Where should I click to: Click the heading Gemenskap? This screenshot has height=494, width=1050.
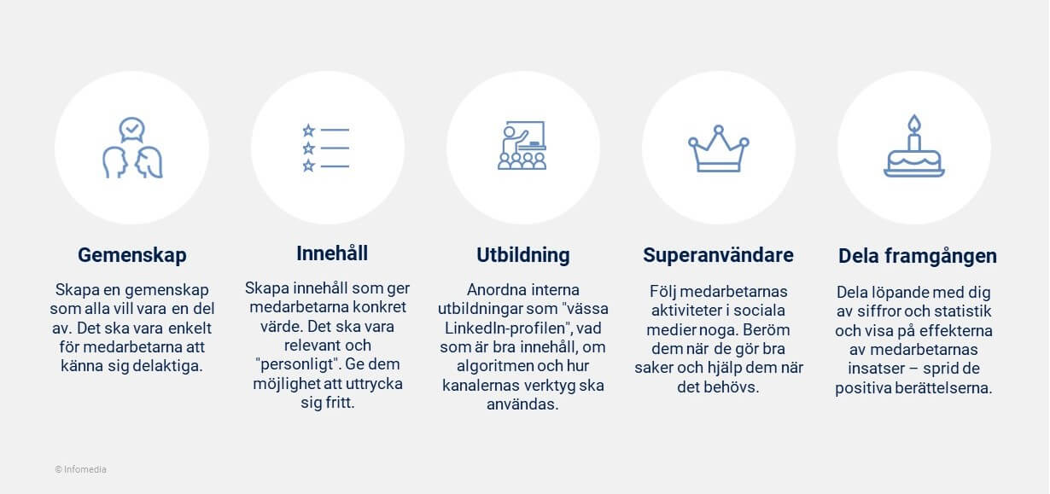(131, 255)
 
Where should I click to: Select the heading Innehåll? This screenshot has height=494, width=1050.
(332, 253)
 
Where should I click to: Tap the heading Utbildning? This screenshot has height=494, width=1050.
(523, 255)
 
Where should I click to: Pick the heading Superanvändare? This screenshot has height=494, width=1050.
(718, 255)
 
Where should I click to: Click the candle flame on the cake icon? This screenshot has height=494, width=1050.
(914, 123)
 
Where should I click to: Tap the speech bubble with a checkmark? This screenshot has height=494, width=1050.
(131, 130)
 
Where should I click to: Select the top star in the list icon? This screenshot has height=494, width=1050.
(308, 130)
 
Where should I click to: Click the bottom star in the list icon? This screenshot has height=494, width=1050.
(308, 166)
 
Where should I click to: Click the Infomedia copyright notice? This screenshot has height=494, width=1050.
(80, 469)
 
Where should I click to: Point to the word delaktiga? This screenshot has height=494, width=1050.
(167, 366)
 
